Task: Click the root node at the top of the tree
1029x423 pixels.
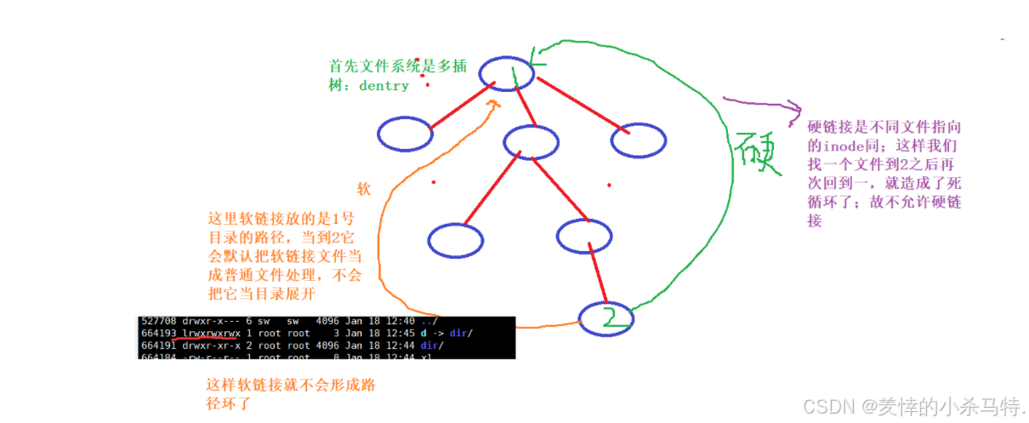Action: (x=505, y=74)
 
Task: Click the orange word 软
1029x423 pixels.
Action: (x=364, y=190)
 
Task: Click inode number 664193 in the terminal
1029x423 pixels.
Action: (x=159, y=333)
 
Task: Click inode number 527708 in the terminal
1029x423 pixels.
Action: (x=159, y=322)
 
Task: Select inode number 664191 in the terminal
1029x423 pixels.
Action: (x=159, y=344)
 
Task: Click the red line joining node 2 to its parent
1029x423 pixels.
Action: (x=597, y=277)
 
